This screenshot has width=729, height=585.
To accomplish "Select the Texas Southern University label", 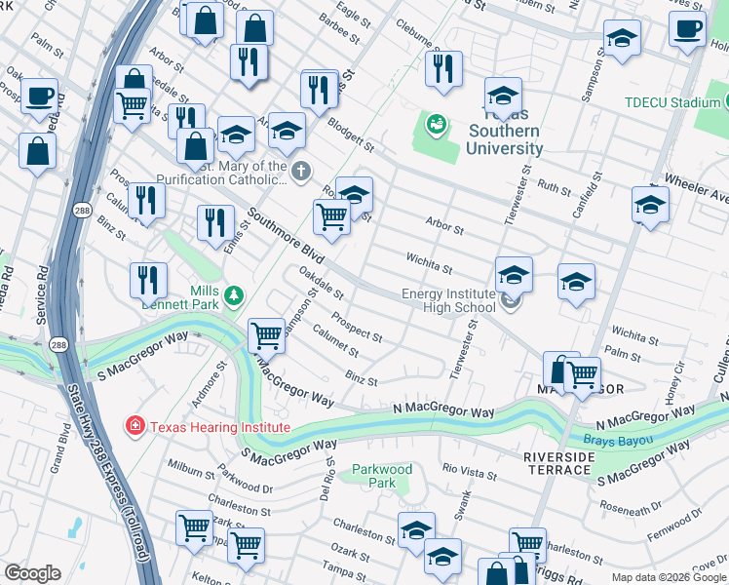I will [x=504, y=139].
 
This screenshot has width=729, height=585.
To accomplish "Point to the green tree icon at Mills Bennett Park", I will [x=233, y=294].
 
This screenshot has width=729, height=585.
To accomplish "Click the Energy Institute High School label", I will [x=448, y=301].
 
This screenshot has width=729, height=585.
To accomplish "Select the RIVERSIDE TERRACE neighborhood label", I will [x=556, y=463].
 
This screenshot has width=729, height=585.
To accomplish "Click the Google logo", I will [x=32, y=573].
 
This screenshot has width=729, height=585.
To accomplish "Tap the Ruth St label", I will [x=554, y=185].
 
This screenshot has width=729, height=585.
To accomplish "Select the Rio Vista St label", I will [x=470, y=473].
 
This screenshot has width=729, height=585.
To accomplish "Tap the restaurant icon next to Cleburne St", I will [x=443, y=70].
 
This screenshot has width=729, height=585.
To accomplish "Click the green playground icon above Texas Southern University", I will [x=436, y=124].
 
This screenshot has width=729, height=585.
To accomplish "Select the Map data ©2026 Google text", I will [x=669, y=577].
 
